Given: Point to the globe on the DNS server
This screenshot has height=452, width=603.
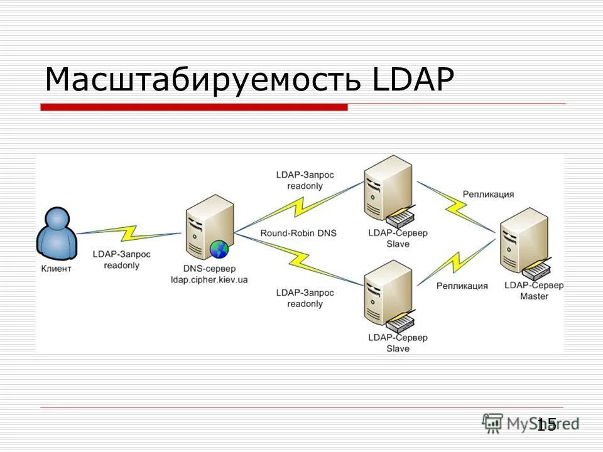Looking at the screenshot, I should (219, 249).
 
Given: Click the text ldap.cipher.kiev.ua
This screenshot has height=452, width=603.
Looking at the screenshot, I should (209, 279).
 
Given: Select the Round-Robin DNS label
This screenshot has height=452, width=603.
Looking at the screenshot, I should (298, 233).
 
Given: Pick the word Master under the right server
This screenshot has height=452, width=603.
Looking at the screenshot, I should (534, 296).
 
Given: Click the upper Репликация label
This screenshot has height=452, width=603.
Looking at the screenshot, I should (488, 194).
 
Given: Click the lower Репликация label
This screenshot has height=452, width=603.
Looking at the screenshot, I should (462, 286).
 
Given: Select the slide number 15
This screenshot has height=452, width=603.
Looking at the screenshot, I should (546, 424).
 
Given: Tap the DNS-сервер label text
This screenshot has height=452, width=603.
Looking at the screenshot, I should (209, 269).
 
